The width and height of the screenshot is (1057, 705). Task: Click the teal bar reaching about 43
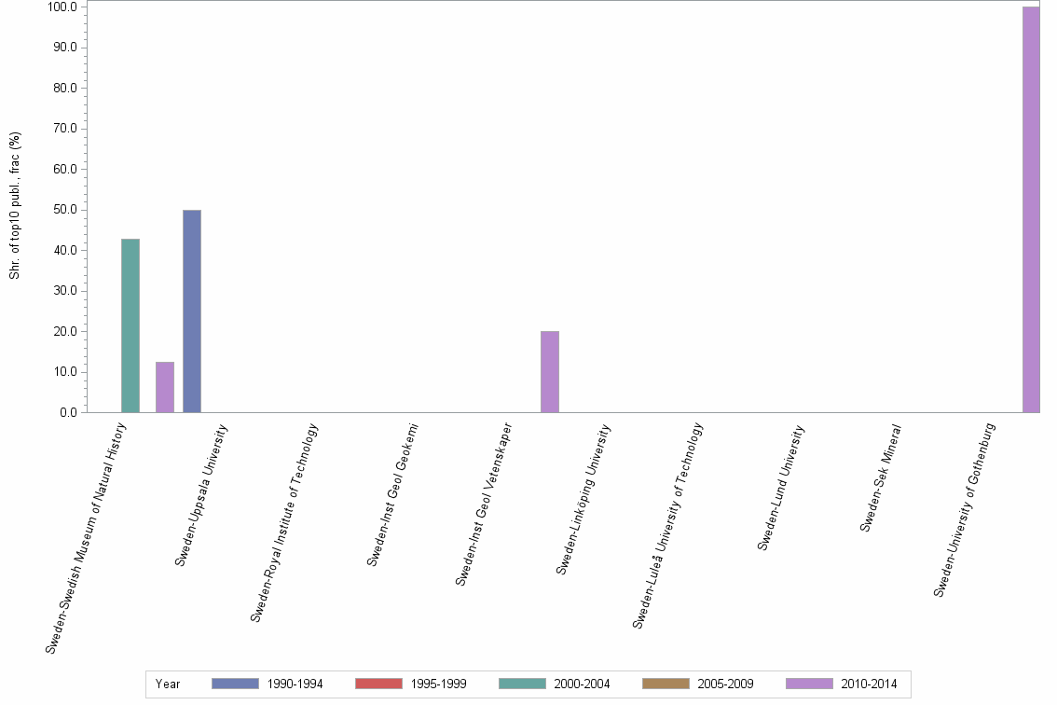(130, 325)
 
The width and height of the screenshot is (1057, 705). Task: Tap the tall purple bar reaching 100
(1031, 209)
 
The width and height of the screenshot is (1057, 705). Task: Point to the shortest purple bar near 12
(165, 387)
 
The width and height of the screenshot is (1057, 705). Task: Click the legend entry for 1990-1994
(267, 684)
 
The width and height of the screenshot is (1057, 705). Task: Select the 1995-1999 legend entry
(410, 684)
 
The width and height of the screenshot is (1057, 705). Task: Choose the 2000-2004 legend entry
(554, 684)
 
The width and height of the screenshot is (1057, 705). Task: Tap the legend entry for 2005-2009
(697, 684)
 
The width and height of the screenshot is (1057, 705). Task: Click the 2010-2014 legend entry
(841, 684)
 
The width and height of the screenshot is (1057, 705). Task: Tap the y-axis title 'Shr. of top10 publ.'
(15, 206)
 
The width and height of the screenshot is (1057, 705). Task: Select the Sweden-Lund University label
(781, 487)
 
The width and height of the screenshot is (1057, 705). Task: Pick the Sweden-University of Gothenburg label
(966, 509)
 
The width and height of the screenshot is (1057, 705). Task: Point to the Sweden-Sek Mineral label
(881, 477)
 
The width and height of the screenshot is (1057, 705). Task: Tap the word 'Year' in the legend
(168, 684)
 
